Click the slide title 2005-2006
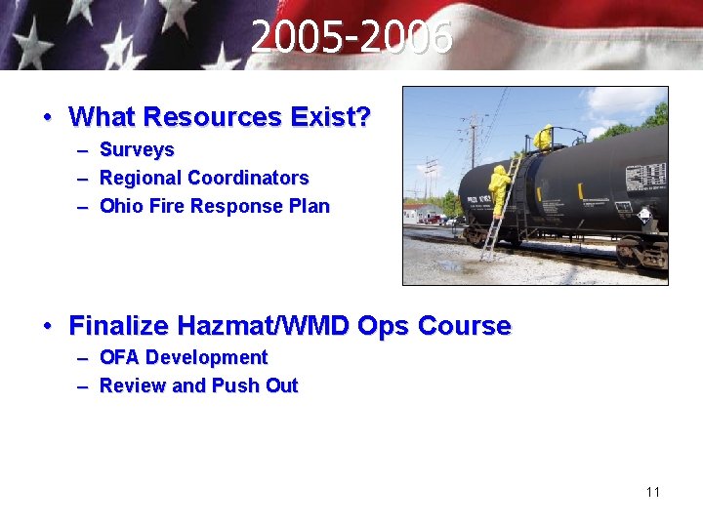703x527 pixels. point(351,39)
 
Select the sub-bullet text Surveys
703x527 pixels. point(137,150)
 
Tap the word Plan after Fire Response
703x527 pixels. point(309,207)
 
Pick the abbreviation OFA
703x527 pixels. point(119,358)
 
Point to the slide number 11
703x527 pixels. point(653,492)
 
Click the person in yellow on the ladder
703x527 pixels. point(500,189)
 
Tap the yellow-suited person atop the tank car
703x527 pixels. point(543,139)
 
